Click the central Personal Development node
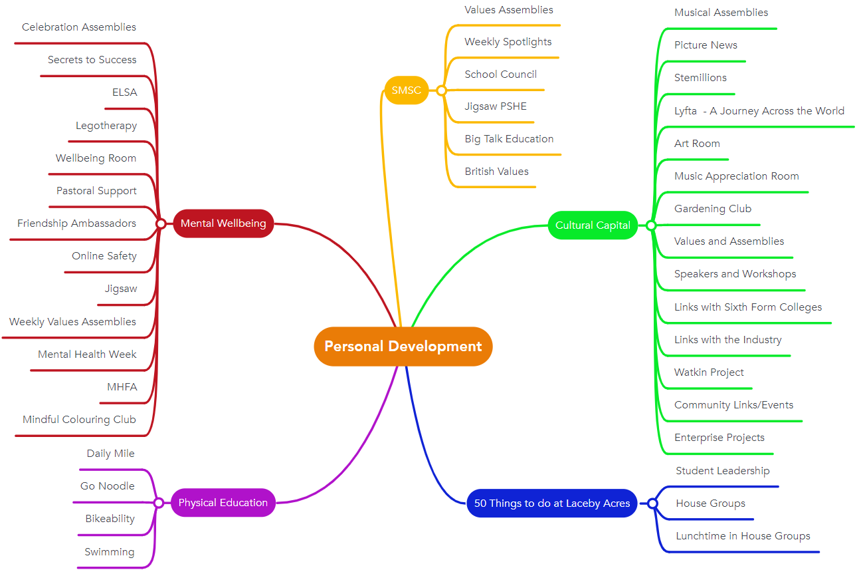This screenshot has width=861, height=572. click(403, 346)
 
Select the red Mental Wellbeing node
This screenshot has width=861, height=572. click(223, 223)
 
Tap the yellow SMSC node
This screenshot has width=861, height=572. click(406, 90)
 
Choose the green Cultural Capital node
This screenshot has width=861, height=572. click(593, 225)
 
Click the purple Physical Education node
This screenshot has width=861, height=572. click(223, 503)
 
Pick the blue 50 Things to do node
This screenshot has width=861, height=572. click(551, 503)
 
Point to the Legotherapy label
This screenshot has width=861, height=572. click(106, 125)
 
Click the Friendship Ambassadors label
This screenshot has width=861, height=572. click(76, 223)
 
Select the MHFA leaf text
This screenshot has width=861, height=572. click(122, 386)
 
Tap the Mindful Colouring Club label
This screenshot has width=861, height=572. click(79, 419)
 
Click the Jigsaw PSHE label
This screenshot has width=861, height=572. click(496, 106)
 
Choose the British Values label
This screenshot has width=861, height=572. click(496, 171)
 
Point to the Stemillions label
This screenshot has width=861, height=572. click(700, 77)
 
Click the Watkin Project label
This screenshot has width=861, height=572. click(709, 372)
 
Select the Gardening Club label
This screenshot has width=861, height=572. click(713, 208)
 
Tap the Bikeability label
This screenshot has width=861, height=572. click(110, 519)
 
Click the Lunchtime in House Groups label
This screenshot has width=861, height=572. click(743, 535)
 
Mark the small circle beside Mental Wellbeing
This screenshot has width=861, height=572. click(160, 223)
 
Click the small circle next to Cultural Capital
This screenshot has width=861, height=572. click(651, 225)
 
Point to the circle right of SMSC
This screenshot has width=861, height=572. click(441, 90)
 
